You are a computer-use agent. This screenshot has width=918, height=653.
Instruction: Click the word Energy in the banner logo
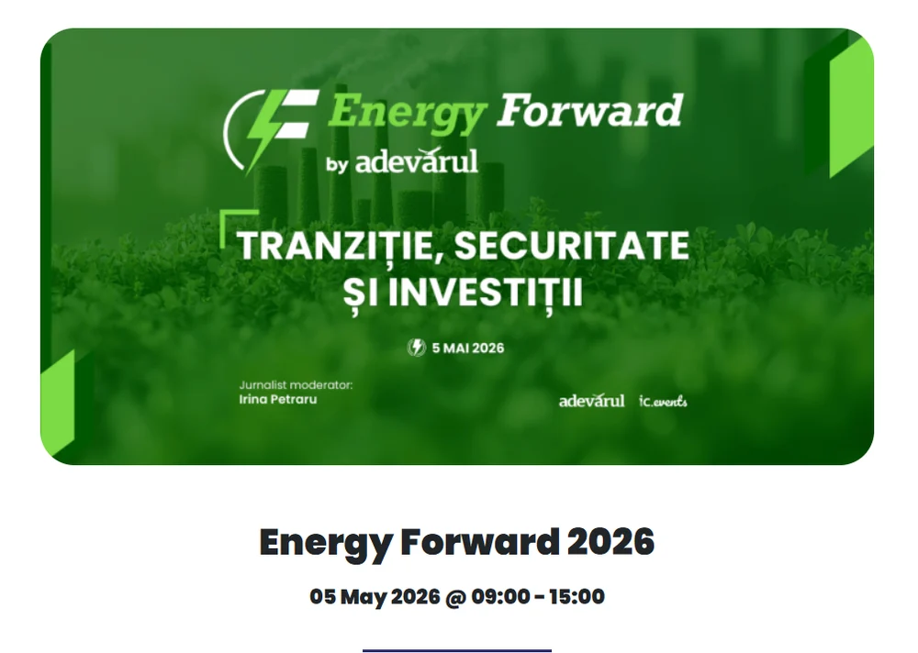click(406, 113)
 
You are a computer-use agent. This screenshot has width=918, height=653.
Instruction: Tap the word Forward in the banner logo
click(589, 111)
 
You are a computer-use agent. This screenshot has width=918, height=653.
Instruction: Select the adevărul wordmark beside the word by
click(417, 161)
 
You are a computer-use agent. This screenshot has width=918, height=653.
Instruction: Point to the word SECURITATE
click(571, 246)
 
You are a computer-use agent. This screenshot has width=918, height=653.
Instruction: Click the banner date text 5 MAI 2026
click(468, 348)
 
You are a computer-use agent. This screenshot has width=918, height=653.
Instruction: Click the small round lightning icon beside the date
click(417, 348)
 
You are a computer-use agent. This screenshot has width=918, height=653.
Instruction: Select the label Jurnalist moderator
click(296, 385)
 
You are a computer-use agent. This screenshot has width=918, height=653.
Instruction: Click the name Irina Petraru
click(278, 400)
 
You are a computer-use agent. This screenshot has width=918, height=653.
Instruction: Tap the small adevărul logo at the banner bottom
click(591, 401)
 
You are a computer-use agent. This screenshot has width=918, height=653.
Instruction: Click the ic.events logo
click(664, 401)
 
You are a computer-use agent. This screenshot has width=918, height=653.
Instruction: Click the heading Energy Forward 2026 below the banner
click(457, 542)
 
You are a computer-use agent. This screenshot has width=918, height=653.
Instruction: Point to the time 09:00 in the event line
click(500, 597)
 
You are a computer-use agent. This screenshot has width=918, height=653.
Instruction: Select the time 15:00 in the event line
click(576, 597)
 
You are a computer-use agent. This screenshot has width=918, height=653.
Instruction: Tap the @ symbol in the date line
click(455, 597)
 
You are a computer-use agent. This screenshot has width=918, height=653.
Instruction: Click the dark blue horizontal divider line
click(457, 650)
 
